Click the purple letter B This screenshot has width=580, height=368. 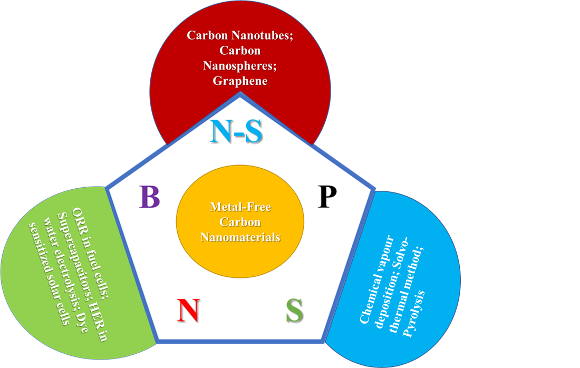click(x=149, y=197)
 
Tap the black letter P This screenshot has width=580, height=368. click(x=327, y=197)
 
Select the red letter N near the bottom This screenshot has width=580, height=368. click(x=187, y=310)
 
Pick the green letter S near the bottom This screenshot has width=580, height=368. click(x=295, y=311)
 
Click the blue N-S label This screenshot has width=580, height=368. click(x=236, y=132)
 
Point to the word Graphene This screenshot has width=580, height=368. click(x=240, y=81)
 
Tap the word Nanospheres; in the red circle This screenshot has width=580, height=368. click(x=240, y=66)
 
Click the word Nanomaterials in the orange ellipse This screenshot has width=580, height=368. click(x=240, y=237)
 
